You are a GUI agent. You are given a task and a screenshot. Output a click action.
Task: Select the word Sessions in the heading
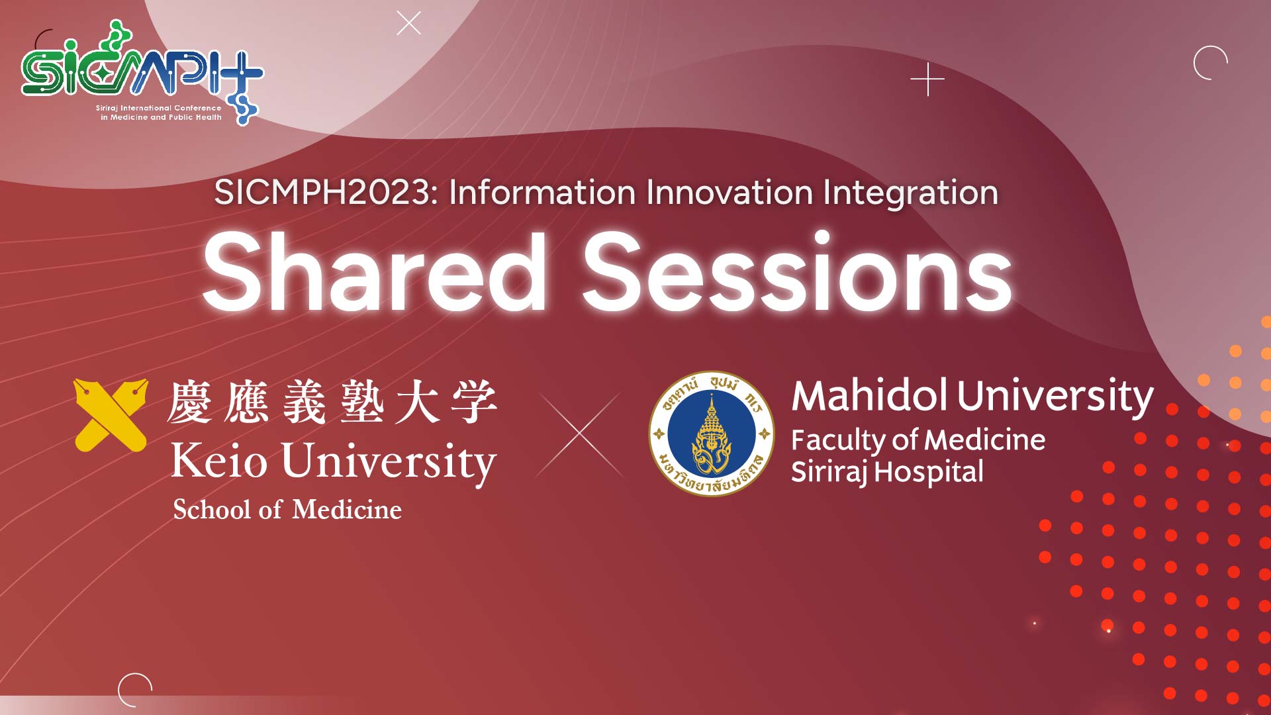point(797,272)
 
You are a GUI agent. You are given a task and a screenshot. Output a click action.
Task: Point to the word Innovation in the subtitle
point(730,193)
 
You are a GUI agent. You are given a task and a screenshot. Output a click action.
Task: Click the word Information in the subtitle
point(542,193)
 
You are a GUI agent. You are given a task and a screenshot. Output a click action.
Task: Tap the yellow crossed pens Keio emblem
point(111,415)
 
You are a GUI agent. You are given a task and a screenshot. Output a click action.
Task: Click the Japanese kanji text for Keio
point(332,402)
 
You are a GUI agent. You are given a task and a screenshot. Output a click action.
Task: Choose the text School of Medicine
point(287,509)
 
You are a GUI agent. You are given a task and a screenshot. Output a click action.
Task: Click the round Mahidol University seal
point(712,434)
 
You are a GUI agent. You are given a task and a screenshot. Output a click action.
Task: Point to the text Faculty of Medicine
point(918,440)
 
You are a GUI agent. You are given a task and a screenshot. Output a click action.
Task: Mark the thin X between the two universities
point(580,434)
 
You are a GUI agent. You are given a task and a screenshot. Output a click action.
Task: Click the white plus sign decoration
point(927,79)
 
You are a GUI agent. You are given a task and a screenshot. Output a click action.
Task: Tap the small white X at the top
point(408,23)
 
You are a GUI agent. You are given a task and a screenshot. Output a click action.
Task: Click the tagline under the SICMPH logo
point(159,113)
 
